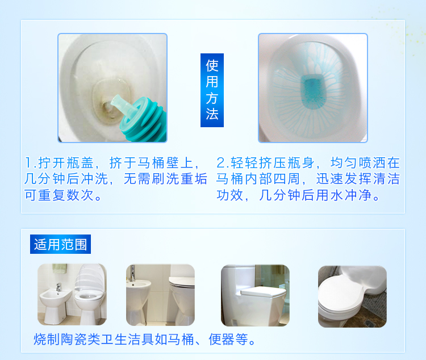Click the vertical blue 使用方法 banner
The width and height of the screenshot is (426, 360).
point(212,90)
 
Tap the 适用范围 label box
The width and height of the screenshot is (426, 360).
point(60,244)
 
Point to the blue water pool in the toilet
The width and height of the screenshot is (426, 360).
point(313,93)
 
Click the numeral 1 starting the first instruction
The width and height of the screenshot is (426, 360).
point(28,163)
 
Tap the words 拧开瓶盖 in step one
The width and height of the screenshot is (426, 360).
point(66,163)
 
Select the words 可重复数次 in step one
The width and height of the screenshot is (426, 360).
point(59,195)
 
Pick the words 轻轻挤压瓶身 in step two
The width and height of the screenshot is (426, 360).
point(272,163)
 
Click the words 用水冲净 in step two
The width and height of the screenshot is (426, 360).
point(343,195)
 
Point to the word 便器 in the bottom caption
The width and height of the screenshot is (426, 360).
point(222,340)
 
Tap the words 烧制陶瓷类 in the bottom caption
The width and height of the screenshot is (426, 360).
point(67,340)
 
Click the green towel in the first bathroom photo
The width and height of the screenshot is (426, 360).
point(60,269)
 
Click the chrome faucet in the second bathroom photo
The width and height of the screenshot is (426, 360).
point(132,273)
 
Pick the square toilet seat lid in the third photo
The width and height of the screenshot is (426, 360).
point(263,292)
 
